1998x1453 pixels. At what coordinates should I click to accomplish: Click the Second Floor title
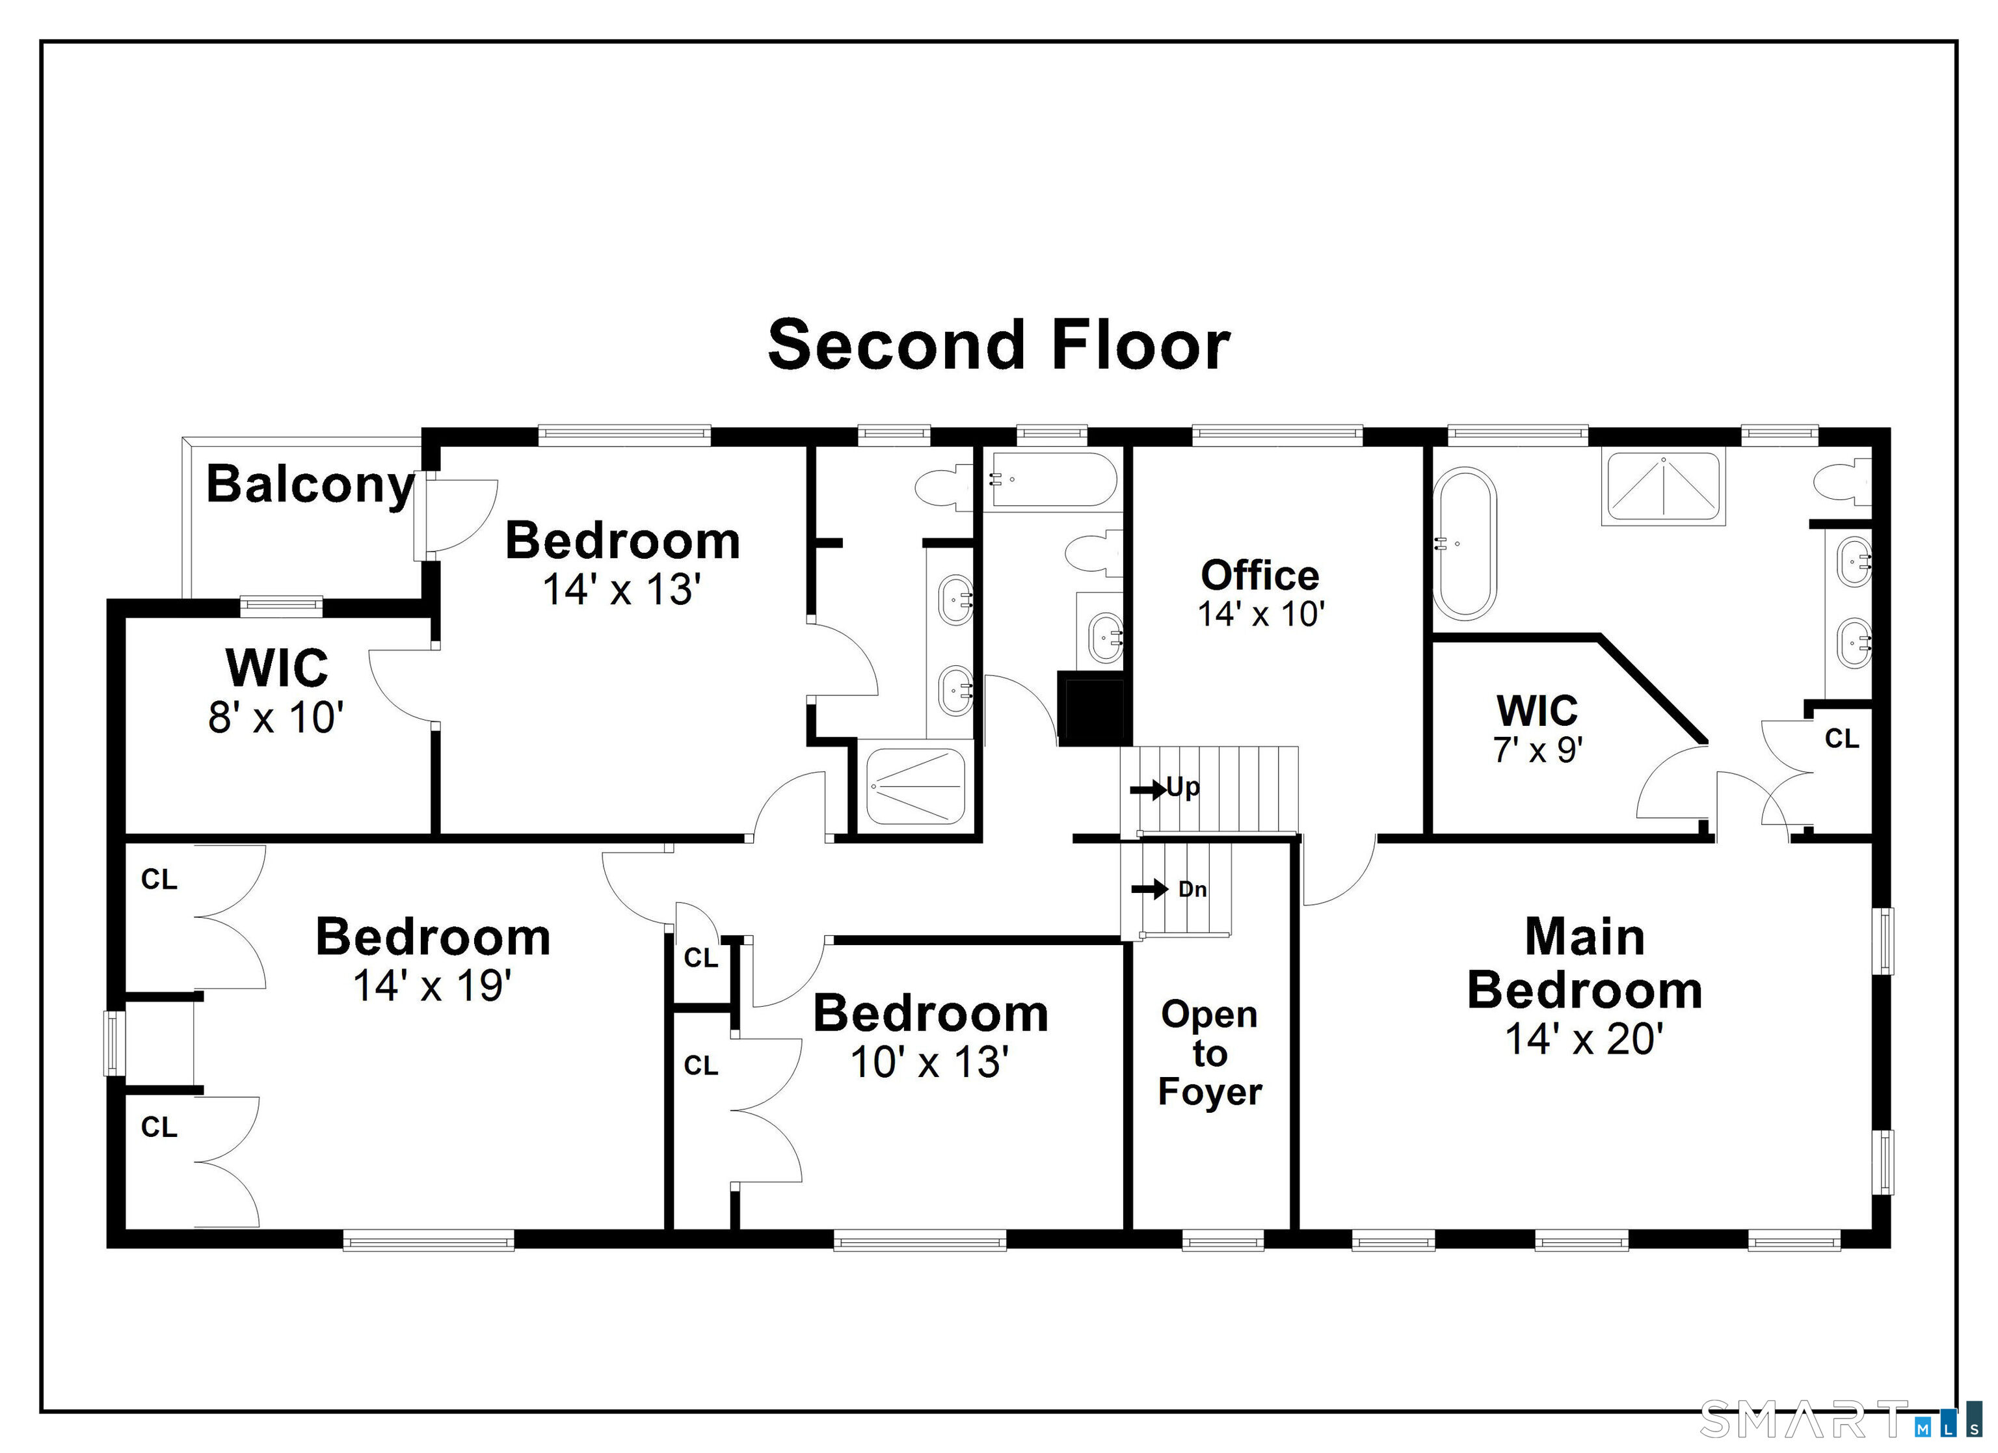click(998, 345)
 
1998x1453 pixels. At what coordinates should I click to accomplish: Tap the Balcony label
click(310, 484)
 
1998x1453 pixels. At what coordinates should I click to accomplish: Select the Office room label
click(1260, 576)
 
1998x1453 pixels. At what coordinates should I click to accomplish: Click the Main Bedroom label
click(1584, 963)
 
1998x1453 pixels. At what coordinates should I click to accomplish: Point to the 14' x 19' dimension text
click(433, 985)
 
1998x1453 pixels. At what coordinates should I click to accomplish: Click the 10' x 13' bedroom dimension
click(929, 1061)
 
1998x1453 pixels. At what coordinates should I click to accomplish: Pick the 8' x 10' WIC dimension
click(276, 717)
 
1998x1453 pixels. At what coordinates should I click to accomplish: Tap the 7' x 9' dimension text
click(1538, 749)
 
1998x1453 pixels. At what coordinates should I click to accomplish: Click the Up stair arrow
click(1149, 790)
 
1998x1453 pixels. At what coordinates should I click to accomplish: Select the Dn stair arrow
click(1150, 889)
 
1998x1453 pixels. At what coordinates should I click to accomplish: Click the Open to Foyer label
click(1210, 1053)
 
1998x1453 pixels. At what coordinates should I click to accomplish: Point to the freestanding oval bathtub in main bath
click(1464, 544)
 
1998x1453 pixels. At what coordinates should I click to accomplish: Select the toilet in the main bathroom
click(1843, 483)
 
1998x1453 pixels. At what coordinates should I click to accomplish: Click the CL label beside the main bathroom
click(1842, 738)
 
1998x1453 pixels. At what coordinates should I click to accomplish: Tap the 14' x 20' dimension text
click(1584, 1039)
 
